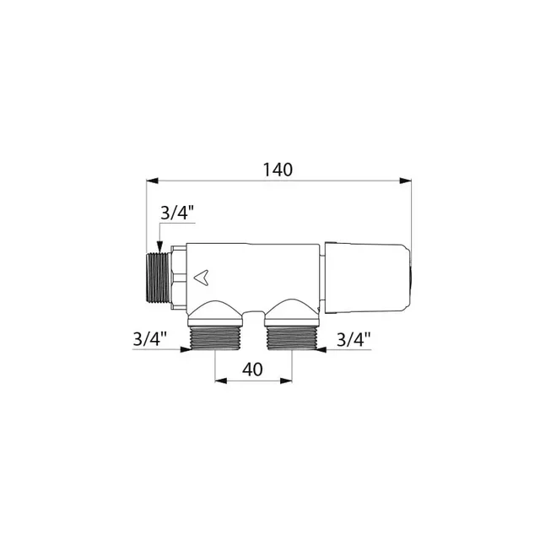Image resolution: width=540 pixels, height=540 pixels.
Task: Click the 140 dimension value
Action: (277, 169)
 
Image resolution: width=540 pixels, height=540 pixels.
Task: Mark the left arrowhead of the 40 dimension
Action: (221, 380)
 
